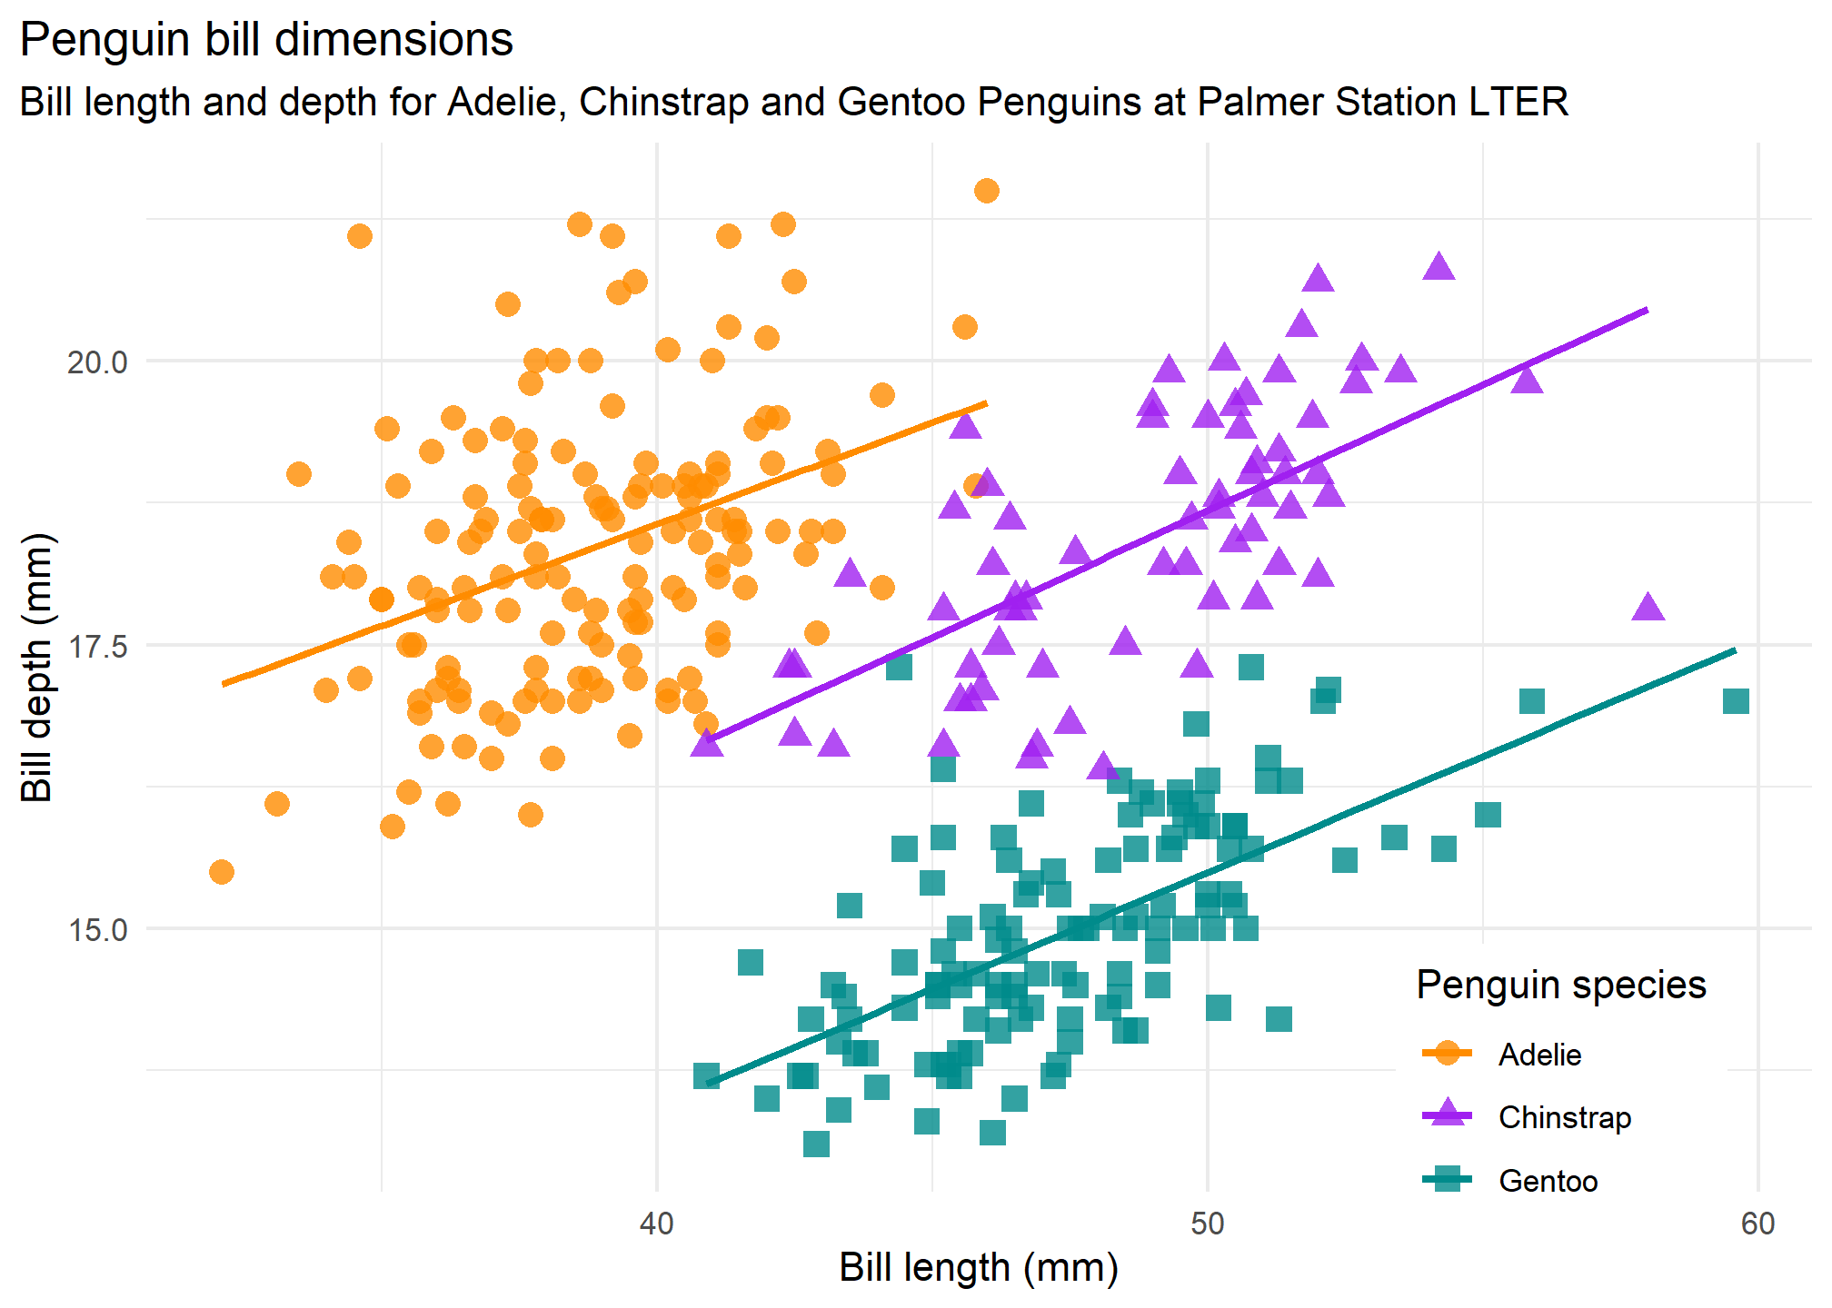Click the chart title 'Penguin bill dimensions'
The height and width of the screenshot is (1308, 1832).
click(266, 40)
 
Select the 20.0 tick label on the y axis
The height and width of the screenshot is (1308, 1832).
click(97, 362)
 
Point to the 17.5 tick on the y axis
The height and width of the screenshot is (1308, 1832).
click(97, 647)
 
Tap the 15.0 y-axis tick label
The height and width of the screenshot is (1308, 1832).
click(97, 930)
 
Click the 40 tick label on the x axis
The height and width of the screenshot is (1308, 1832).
click(656, 1224)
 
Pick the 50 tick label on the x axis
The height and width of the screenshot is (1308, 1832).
click(1207, 1224)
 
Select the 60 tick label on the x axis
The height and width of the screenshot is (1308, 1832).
click(1757, 1224)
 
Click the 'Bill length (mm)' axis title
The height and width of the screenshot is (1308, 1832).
click(979, 1268)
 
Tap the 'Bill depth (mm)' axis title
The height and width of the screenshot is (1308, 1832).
click(37, 668)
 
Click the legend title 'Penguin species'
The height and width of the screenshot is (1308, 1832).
click(1561, 986)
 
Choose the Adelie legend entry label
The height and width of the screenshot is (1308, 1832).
click(1539, 1055)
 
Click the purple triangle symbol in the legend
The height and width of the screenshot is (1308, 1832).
click(1446, 1115)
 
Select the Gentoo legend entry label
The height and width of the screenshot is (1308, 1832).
click(1548, 1181)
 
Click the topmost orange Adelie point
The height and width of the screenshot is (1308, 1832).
click(987, 191)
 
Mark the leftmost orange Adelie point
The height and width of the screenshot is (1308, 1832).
click(222, 872)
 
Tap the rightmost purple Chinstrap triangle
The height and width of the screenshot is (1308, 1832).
click(1648, 608)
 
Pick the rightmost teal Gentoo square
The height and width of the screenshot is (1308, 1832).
click(1736, 701)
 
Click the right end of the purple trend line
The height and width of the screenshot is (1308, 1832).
click(1647, 310)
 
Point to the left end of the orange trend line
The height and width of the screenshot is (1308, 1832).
click(224, 684)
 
